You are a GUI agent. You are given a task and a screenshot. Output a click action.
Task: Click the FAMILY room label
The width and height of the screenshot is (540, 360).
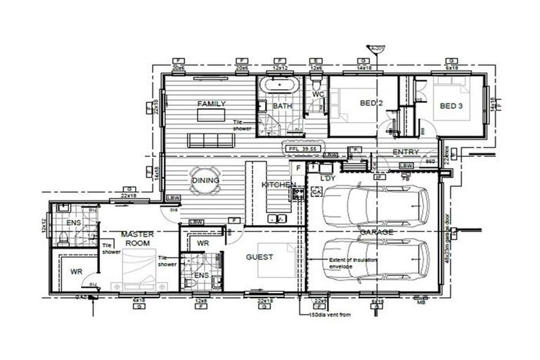pos(211,104)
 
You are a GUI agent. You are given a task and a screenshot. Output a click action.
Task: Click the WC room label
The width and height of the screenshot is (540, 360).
pos(318,94)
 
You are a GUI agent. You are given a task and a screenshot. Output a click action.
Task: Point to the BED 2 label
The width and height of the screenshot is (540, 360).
pos(371,103)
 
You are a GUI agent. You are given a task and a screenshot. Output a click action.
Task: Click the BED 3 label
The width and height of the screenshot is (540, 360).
pos(451,106)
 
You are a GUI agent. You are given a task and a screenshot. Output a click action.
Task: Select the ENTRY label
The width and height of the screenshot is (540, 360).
pos(406,152)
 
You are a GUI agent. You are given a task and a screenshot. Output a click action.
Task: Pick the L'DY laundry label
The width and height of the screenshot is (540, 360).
pos(327,179)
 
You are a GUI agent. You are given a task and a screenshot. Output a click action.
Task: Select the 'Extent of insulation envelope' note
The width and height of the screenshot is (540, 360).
pos(352,263)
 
